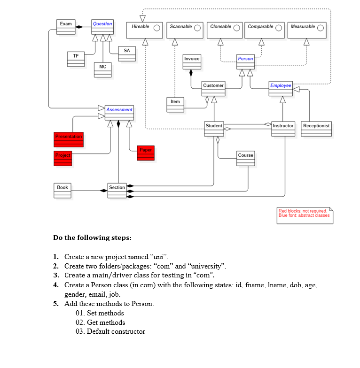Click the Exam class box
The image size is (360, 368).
(66, 27)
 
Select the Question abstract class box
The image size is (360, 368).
(102, 27)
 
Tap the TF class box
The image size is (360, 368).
(76, 59)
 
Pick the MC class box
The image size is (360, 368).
(102, 69)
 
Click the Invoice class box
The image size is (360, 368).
(192, 61)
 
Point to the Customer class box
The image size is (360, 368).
(213, 88)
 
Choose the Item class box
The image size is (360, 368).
(175, 104)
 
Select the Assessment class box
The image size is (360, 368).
(119, 113)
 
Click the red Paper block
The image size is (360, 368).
(146, 153)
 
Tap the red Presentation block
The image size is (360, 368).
(69, 139)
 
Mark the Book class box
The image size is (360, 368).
(63, 190)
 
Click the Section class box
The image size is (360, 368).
(117, 190)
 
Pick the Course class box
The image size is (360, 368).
(246, 158)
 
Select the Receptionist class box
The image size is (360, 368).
(316, 129)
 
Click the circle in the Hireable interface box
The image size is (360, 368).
(157, 27)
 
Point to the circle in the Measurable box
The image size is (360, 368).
(321, 27)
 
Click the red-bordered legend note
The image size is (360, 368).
(305, 215)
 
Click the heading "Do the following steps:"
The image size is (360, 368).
(92, 238)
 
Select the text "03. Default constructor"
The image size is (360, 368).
(110, 331)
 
